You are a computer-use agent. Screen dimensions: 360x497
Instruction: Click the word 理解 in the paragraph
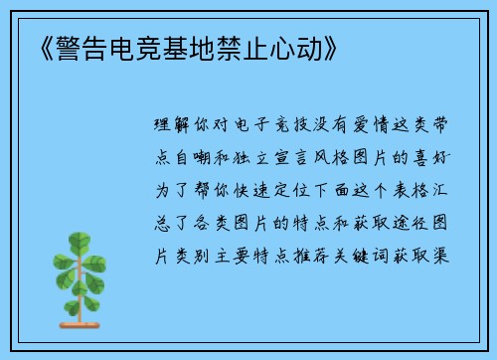[x=174, y=128]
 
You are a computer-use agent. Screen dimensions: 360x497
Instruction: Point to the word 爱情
[x=374, y=128]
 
